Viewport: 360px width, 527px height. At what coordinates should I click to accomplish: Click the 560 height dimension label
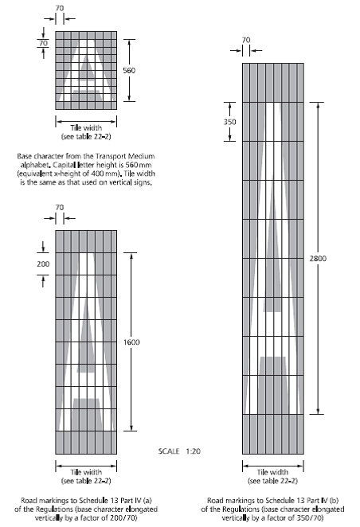[129, 70]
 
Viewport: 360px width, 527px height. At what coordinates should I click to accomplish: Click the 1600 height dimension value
[131, 342]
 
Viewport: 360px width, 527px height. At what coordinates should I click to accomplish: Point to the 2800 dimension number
[318, 258]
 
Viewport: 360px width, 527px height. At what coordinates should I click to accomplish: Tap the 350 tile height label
[230, 122]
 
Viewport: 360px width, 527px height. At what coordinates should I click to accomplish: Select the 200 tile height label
[43, 263]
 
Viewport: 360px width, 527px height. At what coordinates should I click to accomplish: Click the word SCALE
[169, 451]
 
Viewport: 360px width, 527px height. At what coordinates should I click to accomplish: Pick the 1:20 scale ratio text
[194, 451]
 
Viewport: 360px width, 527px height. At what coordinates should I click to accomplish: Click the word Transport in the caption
[110, 156]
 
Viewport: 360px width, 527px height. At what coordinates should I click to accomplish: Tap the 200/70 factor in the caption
[125, 517]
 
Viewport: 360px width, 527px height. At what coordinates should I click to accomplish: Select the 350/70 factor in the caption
[311, 517]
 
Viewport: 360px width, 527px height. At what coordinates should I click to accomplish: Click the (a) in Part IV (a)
[147, 501]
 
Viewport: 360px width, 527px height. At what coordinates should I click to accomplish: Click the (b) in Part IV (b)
[334, 501]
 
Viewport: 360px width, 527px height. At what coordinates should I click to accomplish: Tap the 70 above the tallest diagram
[246, 40]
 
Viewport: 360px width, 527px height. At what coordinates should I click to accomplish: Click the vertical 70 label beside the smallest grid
[43, 43]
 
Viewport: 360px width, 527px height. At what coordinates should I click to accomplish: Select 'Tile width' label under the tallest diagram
[272, 472]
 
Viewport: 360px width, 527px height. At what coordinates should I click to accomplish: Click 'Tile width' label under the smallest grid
[86, 127]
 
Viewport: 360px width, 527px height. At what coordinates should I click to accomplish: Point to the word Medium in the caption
[140, 156]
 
